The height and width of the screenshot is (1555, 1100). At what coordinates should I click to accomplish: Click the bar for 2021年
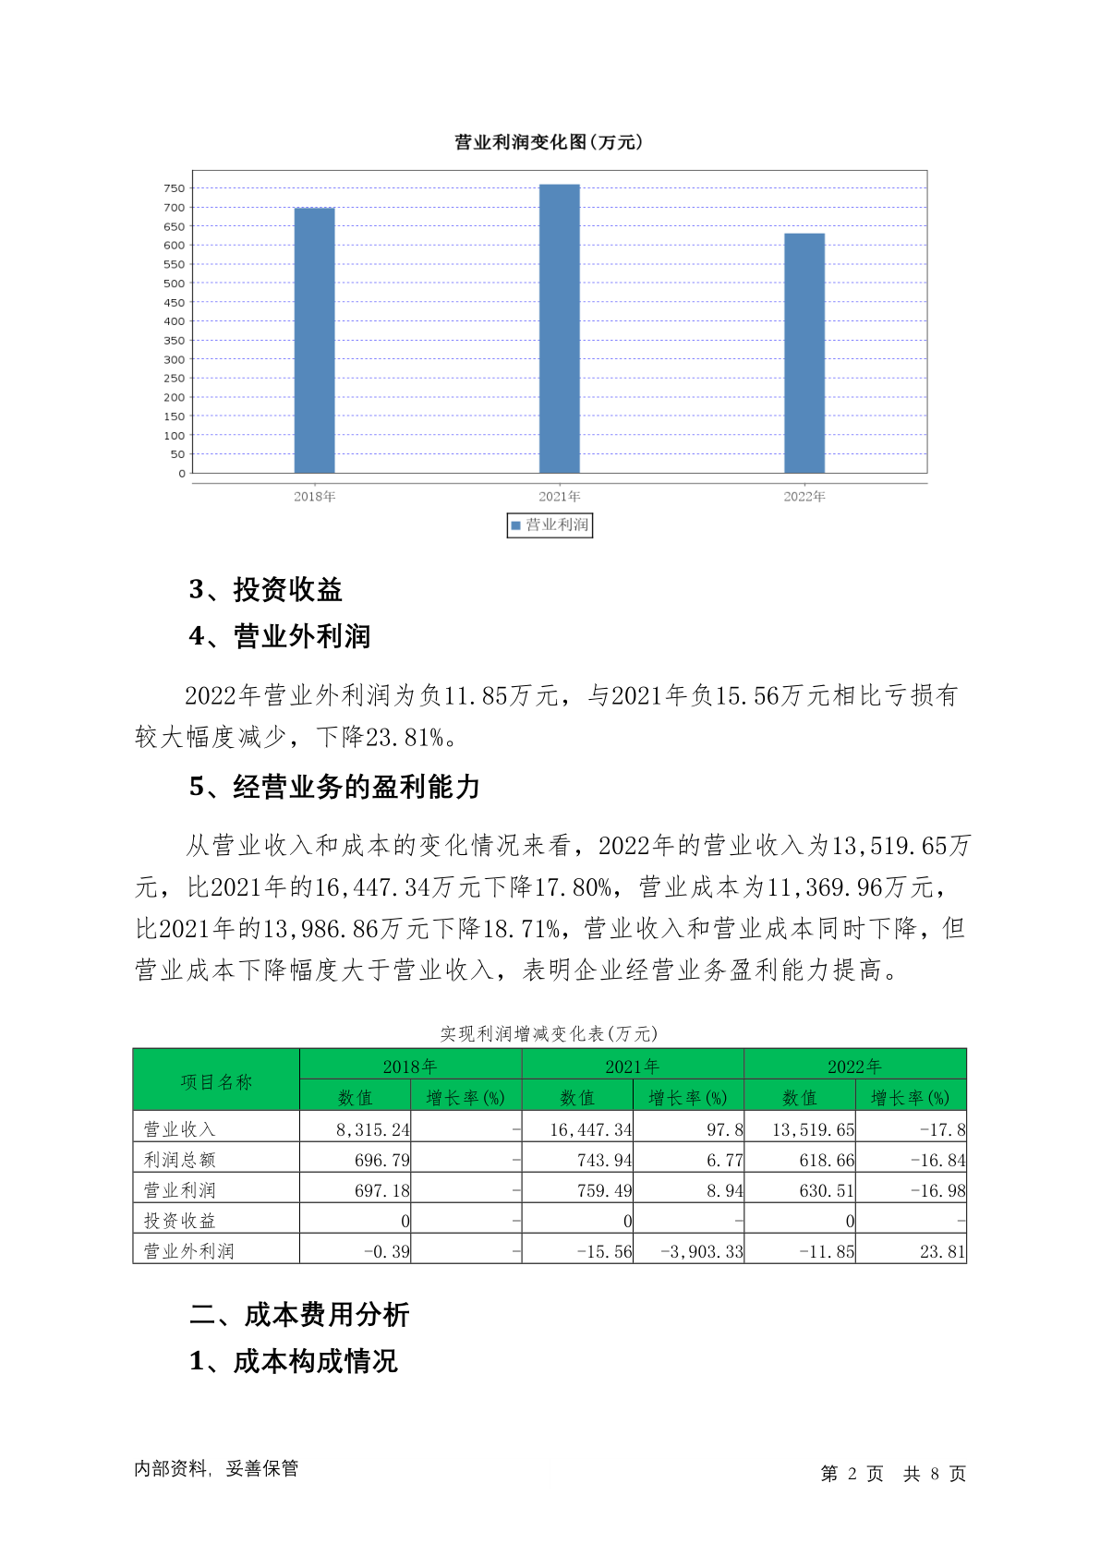click(x=559, y=329)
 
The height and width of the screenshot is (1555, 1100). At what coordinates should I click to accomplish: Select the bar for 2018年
click(x=314, y=341)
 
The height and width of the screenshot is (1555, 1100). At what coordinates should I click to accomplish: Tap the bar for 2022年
click(x=804, y=354)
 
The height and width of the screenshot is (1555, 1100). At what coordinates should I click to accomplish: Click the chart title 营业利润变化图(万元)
click(x=549, y=142)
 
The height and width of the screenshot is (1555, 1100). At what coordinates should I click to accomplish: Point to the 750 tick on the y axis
click(x=175, y=188)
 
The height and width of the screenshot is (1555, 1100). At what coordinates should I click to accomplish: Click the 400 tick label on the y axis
click(x=175, y=321)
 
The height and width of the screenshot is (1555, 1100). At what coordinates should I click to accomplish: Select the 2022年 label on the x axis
click(x=804, y=497)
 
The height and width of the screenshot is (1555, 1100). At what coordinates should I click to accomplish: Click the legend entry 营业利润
click(x=550, y=525)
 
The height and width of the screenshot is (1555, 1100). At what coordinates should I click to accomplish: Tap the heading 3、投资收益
click(x=266, y=589)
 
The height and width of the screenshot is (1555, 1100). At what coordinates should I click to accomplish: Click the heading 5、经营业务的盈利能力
click(x=335, y=787)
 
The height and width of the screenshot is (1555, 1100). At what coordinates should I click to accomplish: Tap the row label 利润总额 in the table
click(x=180, y=1160)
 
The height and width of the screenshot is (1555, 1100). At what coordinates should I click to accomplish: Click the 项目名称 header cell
click(x=216, y=1081)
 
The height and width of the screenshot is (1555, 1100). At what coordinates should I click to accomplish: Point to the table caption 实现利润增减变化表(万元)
click(x=549, y=1033)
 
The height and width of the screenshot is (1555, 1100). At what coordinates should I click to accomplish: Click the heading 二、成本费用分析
click(x=299, y=1315)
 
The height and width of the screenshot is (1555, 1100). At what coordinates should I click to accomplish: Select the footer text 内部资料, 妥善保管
click(x=216, y=1468)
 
